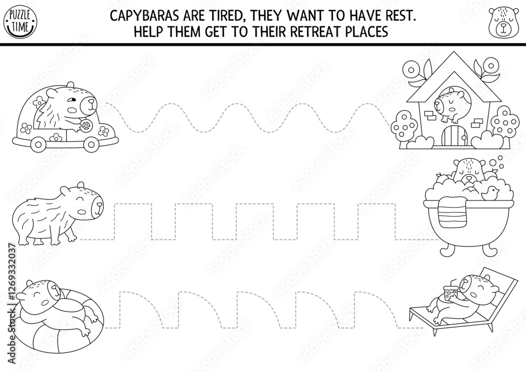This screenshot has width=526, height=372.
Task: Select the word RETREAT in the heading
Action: click(310, 32)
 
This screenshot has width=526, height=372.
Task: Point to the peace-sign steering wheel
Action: click(88, 126)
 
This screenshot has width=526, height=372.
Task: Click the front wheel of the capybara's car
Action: click(93, 143)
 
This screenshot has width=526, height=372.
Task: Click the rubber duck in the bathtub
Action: click(492, 193)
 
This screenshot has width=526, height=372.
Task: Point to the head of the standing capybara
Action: click(87, 203)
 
